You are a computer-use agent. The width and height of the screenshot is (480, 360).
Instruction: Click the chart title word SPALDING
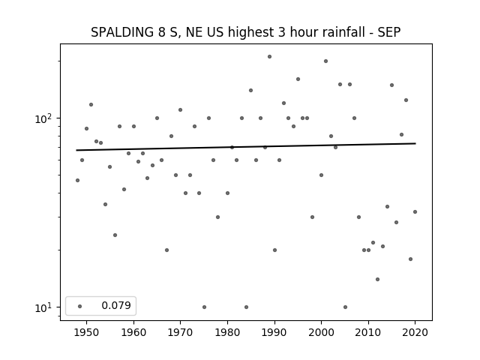tap(122, 32)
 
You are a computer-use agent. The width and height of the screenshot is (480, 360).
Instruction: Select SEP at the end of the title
tap(389, 32)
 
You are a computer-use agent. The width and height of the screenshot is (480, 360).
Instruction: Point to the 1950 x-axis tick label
tap(87, 332)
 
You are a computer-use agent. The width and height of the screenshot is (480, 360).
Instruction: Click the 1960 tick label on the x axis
tap(133, 332)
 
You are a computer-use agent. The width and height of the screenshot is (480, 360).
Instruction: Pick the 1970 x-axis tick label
tap(180, 332)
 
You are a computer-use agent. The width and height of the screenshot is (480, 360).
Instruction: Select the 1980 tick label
tap(227, 332)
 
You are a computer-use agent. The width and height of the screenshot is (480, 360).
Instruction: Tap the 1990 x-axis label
tap(274, 332)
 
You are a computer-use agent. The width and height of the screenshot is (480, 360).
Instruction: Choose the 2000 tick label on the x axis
tap(322, 332)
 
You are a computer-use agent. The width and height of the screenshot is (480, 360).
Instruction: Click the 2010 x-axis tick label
tap(368, 332)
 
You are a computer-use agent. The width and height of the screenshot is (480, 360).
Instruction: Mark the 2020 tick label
tap(415, 332)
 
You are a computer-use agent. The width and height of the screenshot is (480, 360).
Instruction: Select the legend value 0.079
tap(116, 305)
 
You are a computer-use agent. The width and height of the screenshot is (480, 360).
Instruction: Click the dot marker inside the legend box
tap(80, 306)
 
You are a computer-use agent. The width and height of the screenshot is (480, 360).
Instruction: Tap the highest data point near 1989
tap(270, 57)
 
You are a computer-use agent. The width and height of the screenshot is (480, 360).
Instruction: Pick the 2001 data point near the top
tap(325, 61)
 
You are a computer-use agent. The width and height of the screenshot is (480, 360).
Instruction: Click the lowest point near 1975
tap(204, 307)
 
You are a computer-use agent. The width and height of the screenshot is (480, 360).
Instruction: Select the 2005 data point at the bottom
tap(345, 307)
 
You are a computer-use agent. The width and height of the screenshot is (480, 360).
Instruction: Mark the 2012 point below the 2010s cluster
tap(377, 279)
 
